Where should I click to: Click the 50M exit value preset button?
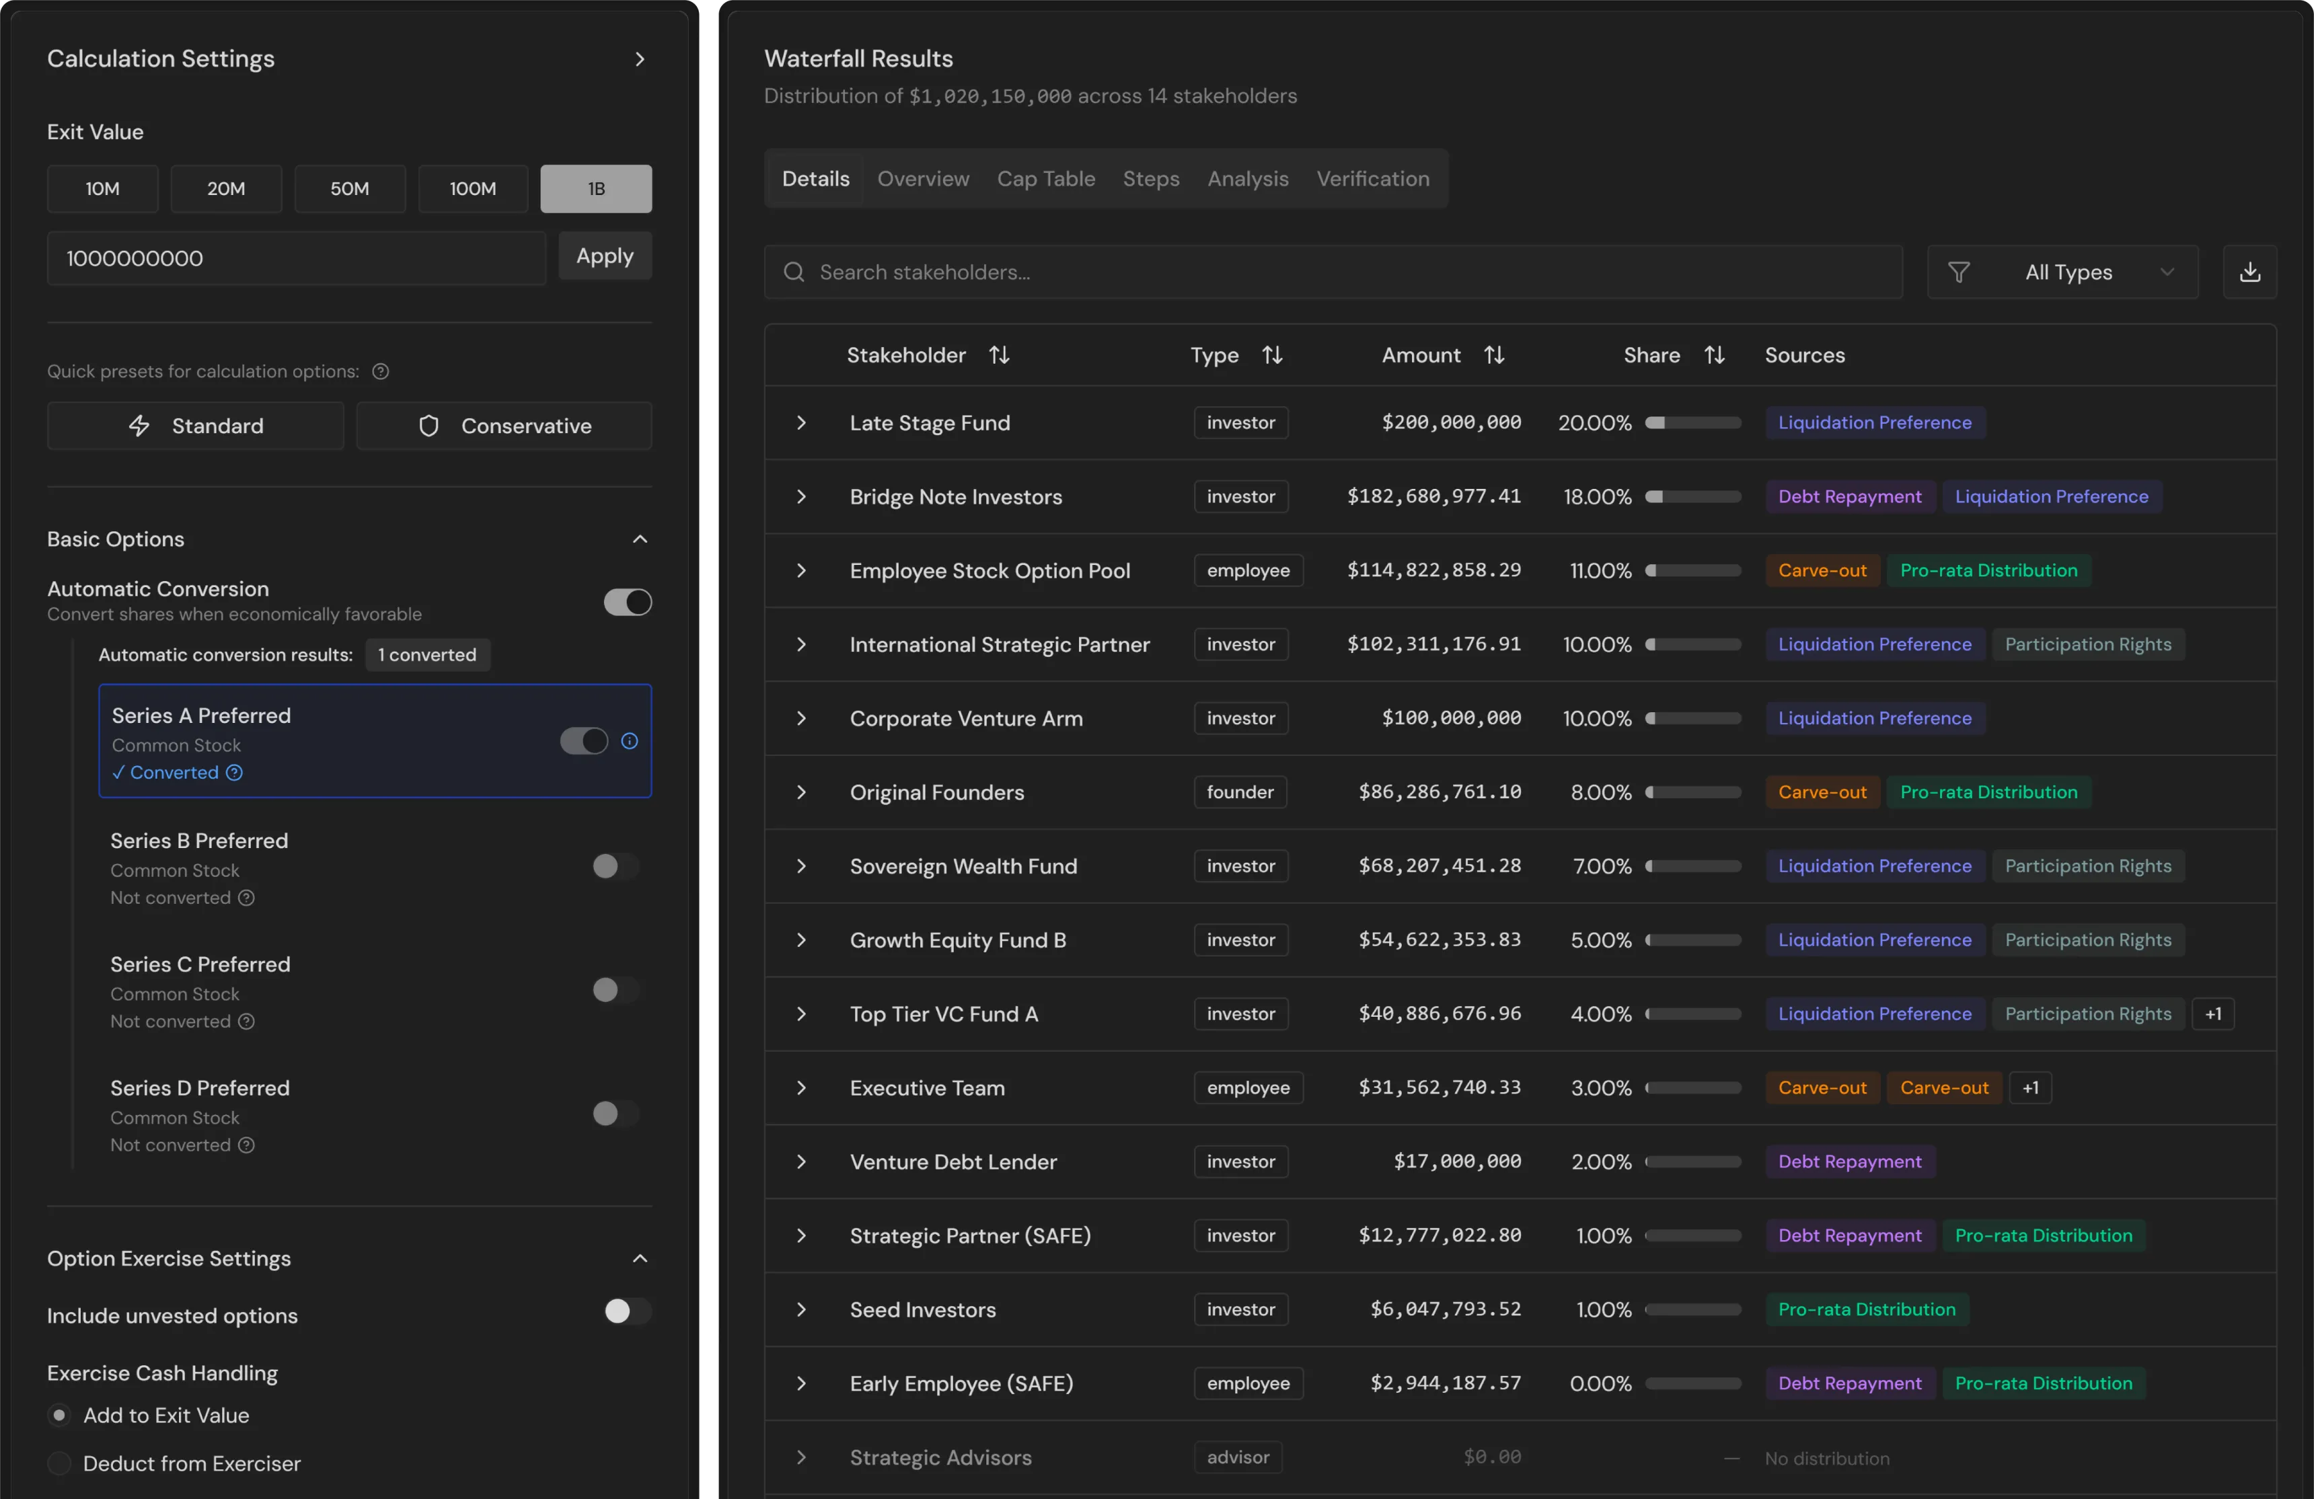(x=349, y=188)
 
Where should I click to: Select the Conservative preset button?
(x=504, y=426)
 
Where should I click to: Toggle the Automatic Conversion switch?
(x=627, y=602)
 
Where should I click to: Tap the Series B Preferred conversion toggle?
(x=614, y=866)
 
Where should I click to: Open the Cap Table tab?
(x=1045, y=179)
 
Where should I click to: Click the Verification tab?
(x=1372, y=179)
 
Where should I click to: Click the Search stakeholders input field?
(x=1332, y=272)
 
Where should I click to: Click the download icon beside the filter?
(x=2249, y=272)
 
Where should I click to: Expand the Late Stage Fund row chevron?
(x=801, y=423)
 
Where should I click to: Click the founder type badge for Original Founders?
(x=1240, y=792)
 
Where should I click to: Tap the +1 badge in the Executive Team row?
(x=2030, y=1088)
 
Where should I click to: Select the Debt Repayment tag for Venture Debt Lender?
(x=1849, y=1161)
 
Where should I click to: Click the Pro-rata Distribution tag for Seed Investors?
(x=1866, y=1309)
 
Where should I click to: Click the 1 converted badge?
(x=427, y=655)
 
